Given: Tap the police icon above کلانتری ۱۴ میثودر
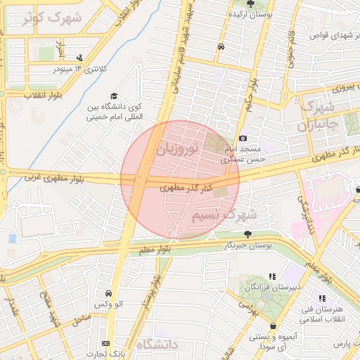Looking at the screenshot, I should point(79,58).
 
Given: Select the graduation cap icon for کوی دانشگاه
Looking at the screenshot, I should point(113,97).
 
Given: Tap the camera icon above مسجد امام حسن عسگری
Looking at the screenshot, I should point(243,139).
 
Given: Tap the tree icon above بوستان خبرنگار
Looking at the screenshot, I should point(247,234).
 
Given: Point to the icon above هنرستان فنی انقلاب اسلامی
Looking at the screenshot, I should point(322,300).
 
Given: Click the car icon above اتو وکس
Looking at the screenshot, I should point(108,293).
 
